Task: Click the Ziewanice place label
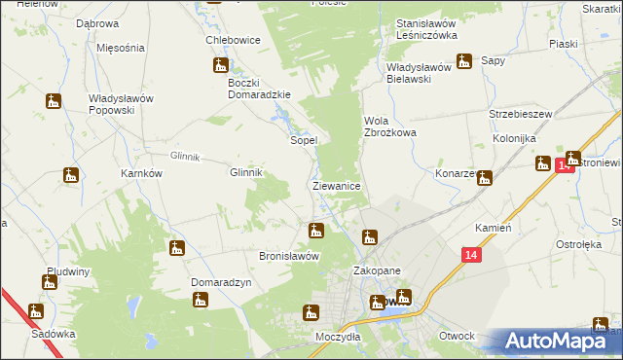click(337, 185)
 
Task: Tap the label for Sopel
click(305, 140)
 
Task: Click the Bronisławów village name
click(289, 256)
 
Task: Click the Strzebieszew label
click(521, 114)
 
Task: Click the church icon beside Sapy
click(464, 60)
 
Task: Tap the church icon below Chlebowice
click(221, 66)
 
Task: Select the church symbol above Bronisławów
click(315, 231)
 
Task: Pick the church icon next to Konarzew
click(484, 177)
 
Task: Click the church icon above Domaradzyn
click(176, 248)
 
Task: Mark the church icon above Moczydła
click(311, 312)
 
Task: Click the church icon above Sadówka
click(36, 312)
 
